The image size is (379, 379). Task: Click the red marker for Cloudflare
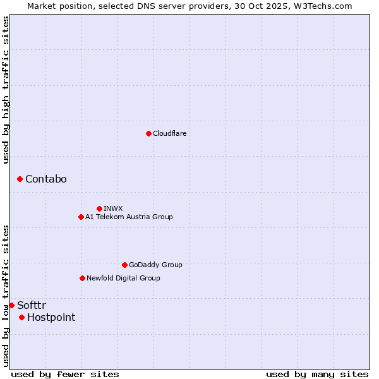pyautogui.click(x=148, y=133)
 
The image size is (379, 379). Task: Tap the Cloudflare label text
pyautogui.click(x=169, y=133)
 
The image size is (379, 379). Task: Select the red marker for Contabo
pyautogui.click(x=20, y=179)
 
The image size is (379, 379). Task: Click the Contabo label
pyautogui.click(x=45, y=179)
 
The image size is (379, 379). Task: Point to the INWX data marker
pyautogui.click(x=99, y=208)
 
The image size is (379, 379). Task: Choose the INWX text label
pyautogui.click(x=113, y=208)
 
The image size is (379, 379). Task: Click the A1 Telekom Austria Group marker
pyautogui.click(x=81, y=217)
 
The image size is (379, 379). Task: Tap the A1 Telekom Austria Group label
pyautogui.click(x=129, y=217)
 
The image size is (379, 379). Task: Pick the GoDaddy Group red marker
pyautogui.click(x=124, y=265)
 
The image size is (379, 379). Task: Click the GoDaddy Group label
pyautogui.click(x=155, y=265)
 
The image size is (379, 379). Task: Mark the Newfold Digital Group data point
pyautogui.click(x=82, y=278)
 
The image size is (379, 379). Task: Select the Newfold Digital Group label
pyautogui.click(x=123, y=278)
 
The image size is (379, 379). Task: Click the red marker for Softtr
pyautogui.click(x=11, y=305)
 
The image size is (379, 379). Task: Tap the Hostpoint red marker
pyautogui.click(x=21, y=317)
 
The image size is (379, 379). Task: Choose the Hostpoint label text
pyautogui.click(x=51, y=317)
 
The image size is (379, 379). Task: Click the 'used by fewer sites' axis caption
pyautogui.click(x=65, y=374)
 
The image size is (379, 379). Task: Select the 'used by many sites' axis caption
pyautogui.click(x=317, y=374)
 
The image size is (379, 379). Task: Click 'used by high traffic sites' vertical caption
pyautogui.click(x=6, y=90)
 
